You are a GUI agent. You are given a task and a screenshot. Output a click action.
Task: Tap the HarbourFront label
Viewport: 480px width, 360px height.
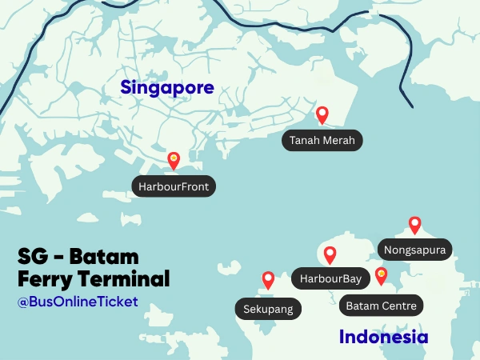pyautogui.click(x=174, y=186)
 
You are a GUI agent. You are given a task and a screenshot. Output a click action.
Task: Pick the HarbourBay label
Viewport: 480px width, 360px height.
pyautogui.click(x=330, y=279)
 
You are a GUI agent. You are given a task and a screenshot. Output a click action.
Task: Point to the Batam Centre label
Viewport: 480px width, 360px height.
pyautogui.click(x=382, y=305)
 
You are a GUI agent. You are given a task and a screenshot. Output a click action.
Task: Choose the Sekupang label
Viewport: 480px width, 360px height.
pyautogui.click(x=268, y=309)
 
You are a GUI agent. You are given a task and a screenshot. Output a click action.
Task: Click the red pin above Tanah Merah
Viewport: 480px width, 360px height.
pyautogui.click(x=322, y=115)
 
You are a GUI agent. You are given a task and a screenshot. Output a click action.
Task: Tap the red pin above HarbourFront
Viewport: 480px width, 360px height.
pyautogui.click(x=174, y=161)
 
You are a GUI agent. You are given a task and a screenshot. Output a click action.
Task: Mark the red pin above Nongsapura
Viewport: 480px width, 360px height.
pyautogui.click(x=414, y=225)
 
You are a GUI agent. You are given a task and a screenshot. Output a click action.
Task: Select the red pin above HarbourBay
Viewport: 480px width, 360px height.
pyautogui.click(x=330, y=255)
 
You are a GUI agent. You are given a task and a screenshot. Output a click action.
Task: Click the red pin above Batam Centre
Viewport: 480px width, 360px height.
pyautogui.click(x=382, y=276)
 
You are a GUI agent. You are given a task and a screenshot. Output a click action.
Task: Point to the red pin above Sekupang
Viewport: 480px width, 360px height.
pyautogui.click(x=268, y=280)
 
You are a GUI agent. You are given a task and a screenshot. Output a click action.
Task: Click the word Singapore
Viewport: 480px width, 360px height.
pyautogui.click(x=167, y=87)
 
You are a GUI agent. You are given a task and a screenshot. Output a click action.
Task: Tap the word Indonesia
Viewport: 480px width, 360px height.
pyautogui.click(x=383, y=337)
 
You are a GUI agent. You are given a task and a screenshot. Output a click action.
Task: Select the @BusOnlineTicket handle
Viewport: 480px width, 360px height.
pyautogui.click(x=78, y=302)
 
